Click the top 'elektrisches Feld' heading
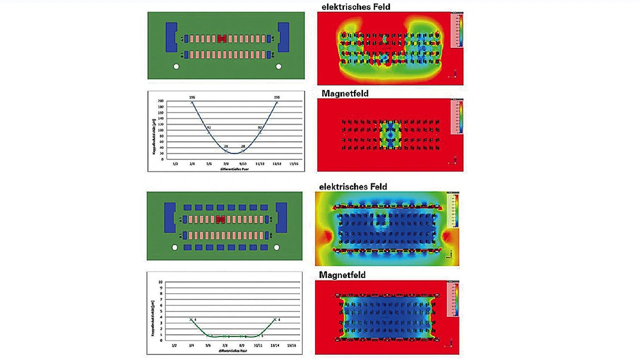point(356,7)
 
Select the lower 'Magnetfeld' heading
point(342,275)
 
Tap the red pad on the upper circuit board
point(222,39)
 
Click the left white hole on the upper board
point(176,66)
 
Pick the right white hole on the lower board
point(276,247)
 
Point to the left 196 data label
point(192,97)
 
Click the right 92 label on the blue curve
point(260,128)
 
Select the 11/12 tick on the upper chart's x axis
point(260,163)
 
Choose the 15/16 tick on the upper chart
point(294,163)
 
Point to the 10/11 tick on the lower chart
point(258,345)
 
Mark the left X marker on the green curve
point(191,320)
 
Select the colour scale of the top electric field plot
point(457,30)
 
